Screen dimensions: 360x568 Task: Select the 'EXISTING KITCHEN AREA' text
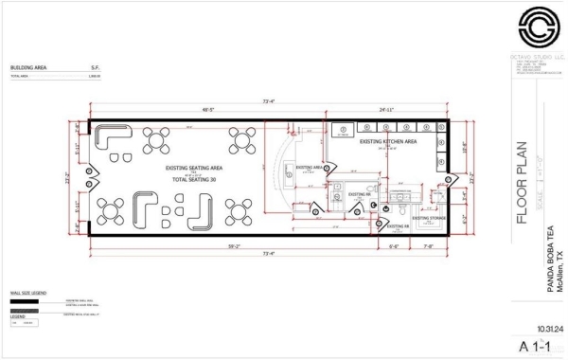(x=389, y=141)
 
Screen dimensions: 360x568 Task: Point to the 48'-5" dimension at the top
(x=208, y=109)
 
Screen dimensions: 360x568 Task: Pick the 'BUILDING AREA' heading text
(x=28, y=68)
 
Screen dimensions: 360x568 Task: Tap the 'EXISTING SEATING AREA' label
(x=193, y=167)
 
